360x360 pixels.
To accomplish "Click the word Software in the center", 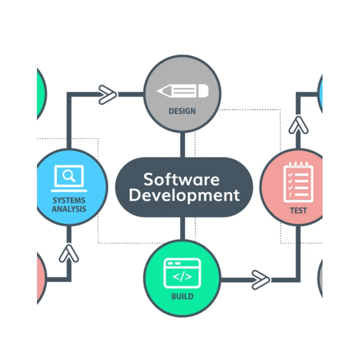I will coord(181,179).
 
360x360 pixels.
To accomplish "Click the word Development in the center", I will coord(184,196).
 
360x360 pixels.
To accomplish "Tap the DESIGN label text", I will coord(182,111).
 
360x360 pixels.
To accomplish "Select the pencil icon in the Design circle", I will coord(182,91).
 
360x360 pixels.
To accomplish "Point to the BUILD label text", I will coord(182,296).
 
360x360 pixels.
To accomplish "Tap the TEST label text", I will coord(298,210).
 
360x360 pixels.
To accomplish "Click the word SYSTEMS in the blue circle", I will coord(69,200).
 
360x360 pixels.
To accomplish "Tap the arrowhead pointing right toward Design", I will coord(107,95).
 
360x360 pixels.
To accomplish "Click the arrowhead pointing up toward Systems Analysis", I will coord(69,253).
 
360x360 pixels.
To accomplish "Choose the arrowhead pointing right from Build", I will coord(260,279).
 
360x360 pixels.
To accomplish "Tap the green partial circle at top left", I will coord(41,94).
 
